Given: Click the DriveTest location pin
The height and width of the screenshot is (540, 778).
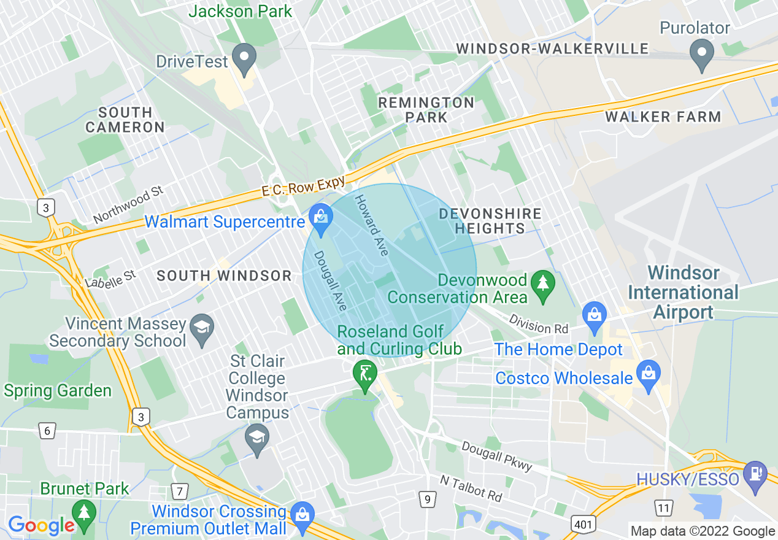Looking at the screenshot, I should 246,59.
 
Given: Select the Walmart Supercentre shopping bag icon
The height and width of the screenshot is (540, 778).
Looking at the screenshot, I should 320,215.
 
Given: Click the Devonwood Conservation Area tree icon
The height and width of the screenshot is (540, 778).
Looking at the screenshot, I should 543,285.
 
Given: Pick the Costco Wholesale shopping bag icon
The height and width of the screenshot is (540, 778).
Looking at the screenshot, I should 648,372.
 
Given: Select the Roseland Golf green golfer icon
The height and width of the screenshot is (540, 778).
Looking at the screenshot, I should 364,374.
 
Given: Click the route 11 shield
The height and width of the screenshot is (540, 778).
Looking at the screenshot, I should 663,507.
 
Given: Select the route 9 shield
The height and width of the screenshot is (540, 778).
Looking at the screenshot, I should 427,499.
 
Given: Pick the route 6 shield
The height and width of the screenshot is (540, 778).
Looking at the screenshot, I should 47,430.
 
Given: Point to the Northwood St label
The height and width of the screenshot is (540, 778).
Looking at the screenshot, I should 128,206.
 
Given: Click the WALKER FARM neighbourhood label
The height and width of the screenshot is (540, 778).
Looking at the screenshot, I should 663,117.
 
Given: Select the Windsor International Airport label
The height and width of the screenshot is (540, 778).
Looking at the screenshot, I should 684,292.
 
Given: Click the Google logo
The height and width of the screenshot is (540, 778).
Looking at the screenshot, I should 41,525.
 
